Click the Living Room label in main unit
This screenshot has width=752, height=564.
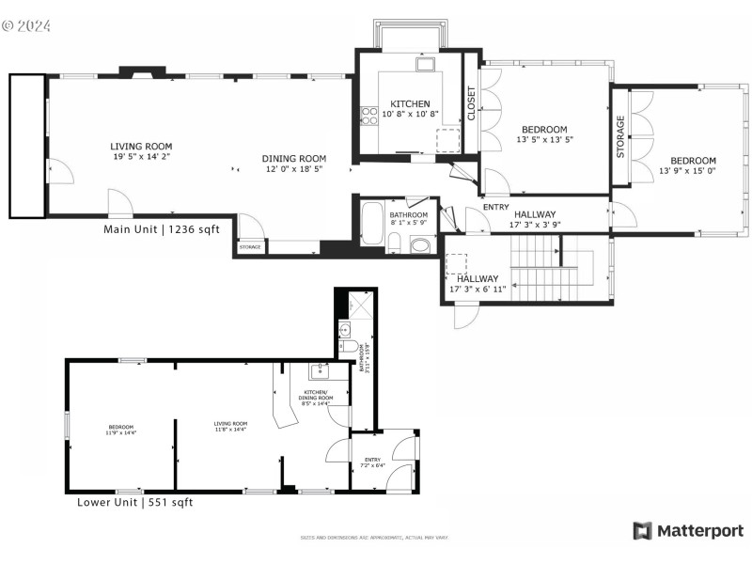click(141, 147)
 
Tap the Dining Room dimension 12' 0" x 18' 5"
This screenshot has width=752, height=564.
click(293, 170)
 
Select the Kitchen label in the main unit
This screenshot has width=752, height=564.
click(410, 103)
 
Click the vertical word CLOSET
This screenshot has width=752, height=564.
click(471, 103)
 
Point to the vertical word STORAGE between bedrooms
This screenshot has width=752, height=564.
click(620, 136)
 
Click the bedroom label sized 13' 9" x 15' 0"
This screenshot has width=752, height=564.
click(693, 161)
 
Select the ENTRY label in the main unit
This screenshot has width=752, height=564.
click(495, 207)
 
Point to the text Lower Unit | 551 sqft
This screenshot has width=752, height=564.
click(134, 503)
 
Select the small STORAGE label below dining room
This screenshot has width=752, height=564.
click(249, 247)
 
